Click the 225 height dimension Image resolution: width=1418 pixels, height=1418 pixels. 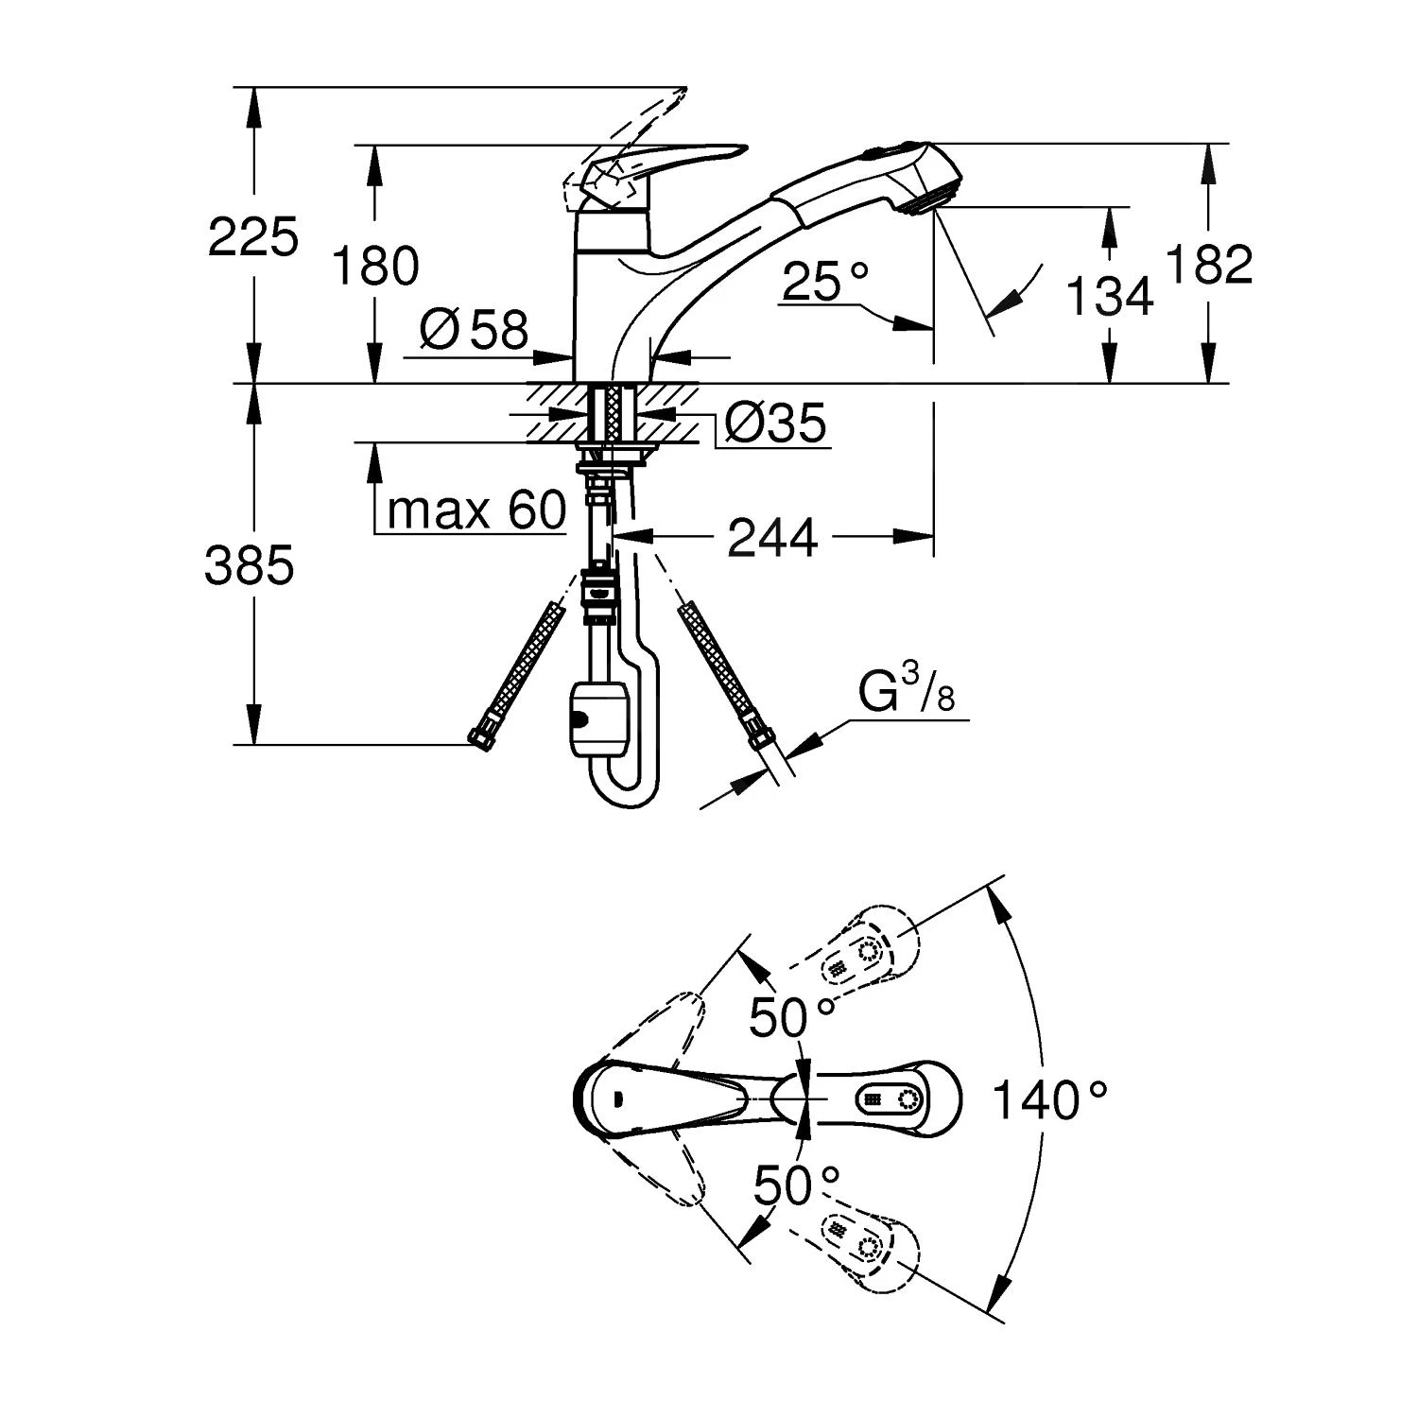[x=252, y=236]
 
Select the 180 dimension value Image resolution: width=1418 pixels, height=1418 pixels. [x=375, y=266]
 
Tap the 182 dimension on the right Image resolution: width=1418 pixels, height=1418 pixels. [x=1210, y=265]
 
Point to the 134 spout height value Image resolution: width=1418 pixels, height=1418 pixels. [x=1109, y=296]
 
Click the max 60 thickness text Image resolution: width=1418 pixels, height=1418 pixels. [x=476, y=511]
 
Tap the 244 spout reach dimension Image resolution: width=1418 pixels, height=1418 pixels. [x=771, y=538]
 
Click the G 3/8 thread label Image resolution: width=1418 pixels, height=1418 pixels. [x=906, y=694]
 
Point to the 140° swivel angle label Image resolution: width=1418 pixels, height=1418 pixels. [x=1049, y=1099]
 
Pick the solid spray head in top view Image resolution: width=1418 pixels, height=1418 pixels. [x=889, y=1099]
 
